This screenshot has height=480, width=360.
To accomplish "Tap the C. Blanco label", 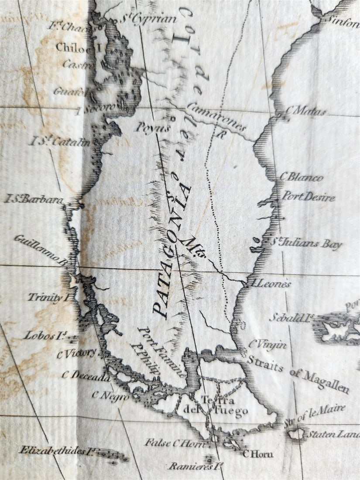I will (302, 178).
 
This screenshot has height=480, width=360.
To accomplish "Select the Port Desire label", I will (308, 196).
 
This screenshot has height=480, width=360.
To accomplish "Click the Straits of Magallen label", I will (298, 374).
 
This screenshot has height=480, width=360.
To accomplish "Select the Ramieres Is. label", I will (190, 466).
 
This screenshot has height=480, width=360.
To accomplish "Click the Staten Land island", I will (297, 433).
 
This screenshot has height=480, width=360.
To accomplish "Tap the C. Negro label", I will (110, 396).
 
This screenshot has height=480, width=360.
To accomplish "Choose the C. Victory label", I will (77, 354).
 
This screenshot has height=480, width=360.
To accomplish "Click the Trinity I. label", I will (49, 298).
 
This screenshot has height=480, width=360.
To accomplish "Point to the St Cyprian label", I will (148, 19).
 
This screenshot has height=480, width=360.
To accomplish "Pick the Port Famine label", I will (162, 353).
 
